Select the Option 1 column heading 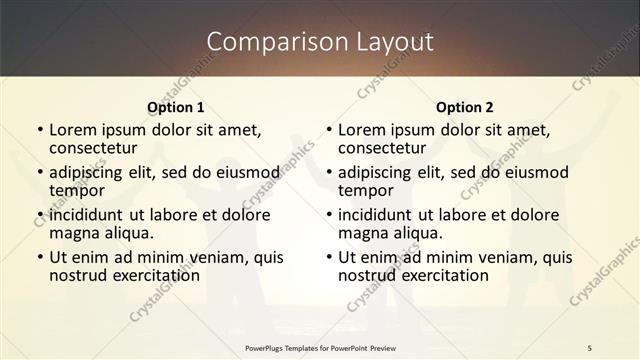tap(176, 107)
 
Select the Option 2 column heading tap(465, 107)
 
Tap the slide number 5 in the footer tap(590, 347)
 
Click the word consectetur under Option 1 tap(93, 148)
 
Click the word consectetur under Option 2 tap(382, 148)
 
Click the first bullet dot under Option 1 tap(40, 130)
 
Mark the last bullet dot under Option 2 tap(329, 257)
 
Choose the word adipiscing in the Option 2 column tap(377, 172)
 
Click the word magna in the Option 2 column tap(362, 233)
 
